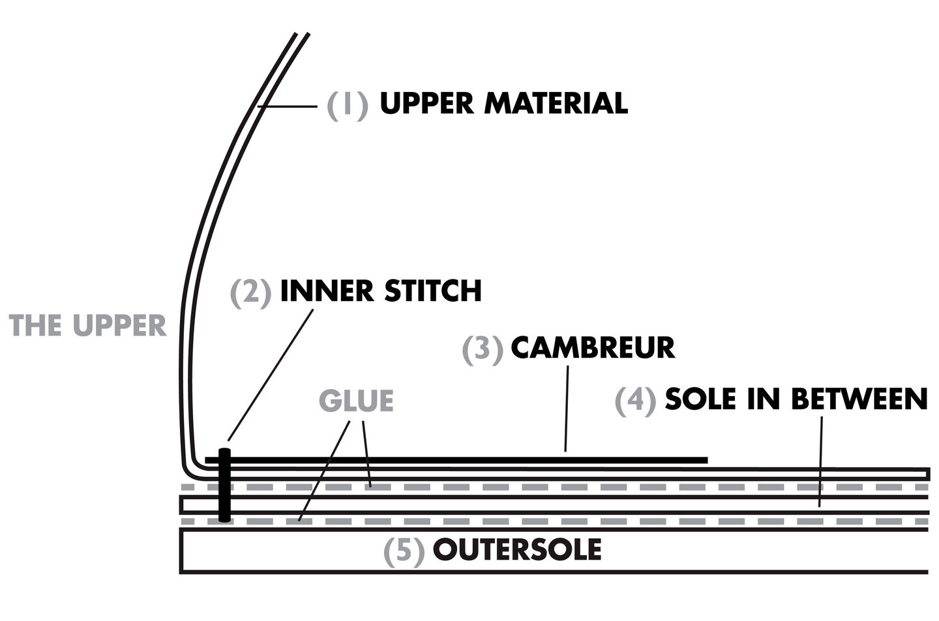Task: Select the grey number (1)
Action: point(348,104)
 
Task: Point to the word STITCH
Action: point(432,291)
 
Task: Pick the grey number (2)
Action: point(250,292)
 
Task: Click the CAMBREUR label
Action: point(592,347)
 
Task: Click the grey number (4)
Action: point(635,400)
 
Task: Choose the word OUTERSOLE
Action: point(516,550)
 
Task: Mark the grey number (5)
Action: point(404,551)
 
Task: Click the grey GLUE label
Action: point(356,401)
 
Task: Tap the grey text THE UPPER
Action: point(88,325)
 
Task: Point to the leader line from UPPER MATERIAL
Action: point(287,106)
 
